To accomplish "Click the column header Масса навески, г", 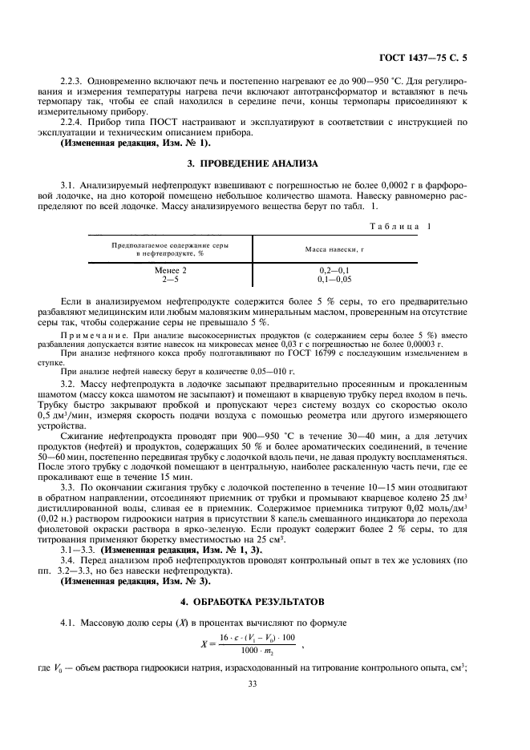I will [334, 249].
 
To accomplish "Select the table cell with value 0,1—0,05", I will [334, 280].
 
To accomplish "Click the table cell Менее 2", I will [169, 271].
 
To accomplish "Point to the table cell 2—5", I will [169, 280].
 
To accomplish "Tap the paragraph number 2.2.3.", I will [74, 82].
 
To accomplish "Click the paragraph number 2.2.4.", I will [74, 121].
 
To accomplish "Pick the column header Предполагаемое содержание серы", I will [168, 244].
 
